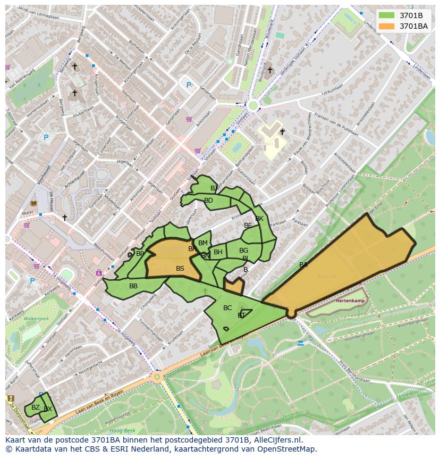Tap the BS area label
tap(180, 269)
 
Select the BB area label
tap(133, 286)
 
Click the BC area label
tap(227, 308)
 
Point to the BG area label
tap(243, 251)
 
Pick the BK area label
tap(259, 219)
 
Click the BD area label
tap(208, 201)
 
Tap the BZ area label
tap(36, 407)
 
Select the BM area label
tap(203, 243)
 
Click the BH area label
tap(218, 252)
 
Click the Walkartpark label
tap(36, 319)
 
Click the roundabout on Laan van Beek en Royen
tap(157, 377)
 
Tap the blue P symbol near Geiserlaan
tap(189, 85)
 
